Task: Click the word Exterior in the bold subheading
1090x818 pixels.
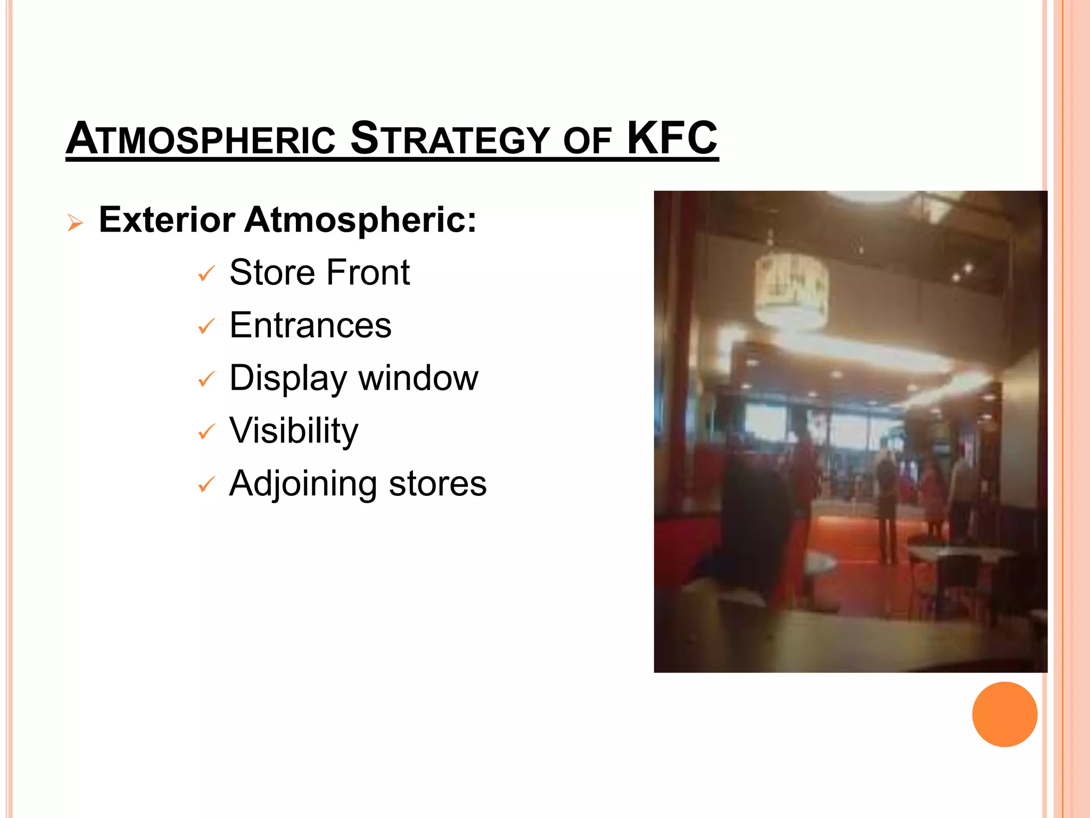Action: click(x=167, y=219)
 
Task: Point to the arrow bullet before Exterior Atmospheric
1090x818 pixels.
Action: click(x=76, y=223)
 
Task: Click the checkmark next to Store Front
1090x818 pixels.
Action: click(x=206, y=274)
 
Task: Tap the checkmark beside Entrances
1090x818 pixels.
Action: click(x=206, y=326)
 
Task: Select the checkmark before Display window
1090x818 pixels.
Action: click(x=206, y=379)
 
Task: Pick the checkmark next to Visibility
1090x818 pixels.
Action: click(x=206, y=432)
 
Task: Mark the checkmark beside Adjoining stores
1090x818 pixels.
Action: click(x=206, y=485)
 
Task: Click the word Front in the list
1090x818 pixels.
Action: click(x=368, y=272)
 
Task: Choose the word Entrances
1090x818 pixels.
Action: click(x=310, y=325)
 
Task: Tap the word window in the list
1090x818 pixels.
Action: click(x=418, y=378)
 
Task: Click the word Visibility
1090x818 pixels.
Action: click(x=294, y=430)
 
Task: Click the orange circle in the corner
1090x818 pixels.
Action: click(x=1004, y=714)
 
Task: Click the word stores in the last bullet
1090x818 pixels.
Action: click(x=437, y=484)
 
